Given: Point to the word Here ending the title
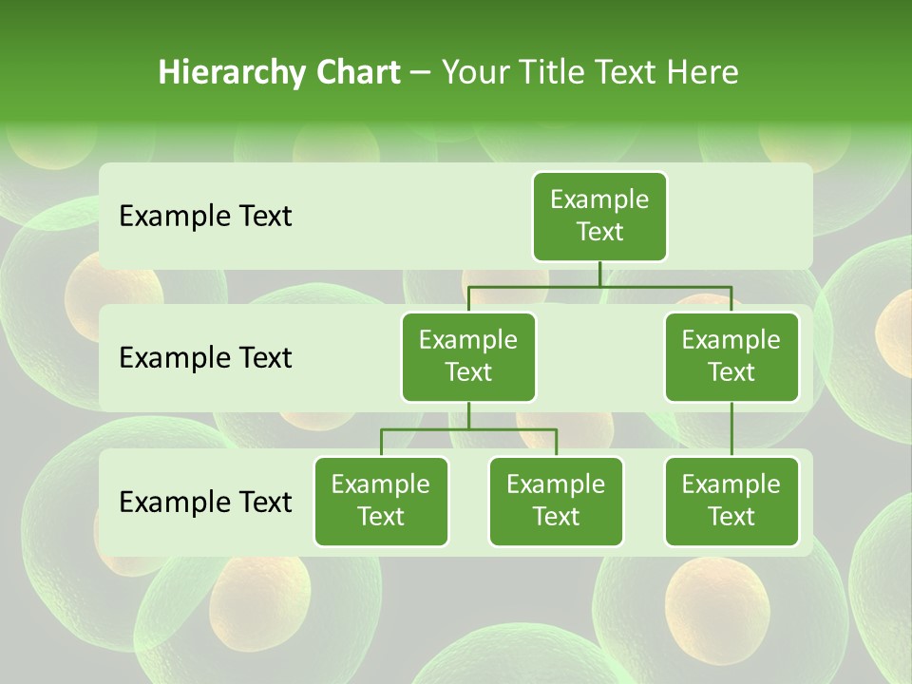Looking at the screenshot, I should tap(702, 72).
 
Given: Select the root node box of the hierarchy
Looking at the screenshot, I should tap(599, 216).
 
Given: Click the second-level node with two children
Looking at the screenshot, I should tap(468, 356).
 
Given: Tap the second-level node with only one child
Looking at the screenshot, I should tap(731, 356).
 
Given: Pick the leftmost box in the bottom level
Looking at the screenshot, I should tap(381, 501).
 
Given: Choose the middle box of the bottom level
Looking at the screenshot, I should tap(556, 501).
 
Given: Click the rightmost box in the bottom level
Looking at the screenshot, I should tap(731, 501).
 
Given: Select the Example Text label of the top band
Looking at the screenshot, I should tap(205, 217).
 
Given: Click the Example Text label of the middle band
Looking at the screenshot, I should tap(205, 358).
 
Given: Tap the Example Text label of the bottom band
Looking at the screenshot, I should tap(205, 502).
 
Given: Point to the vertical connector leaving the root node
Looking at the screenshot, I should tap(599, 274).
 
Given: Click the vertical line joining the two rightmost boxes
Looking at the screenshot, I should tap(731, 429).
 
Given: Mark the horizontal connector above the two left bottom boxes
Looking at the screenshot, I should tap(468, 429).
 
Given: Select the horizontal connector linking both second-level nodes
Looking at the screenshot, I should tap(599, 286).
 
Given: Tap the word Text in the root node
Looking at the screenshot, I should tap(599, 232).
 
